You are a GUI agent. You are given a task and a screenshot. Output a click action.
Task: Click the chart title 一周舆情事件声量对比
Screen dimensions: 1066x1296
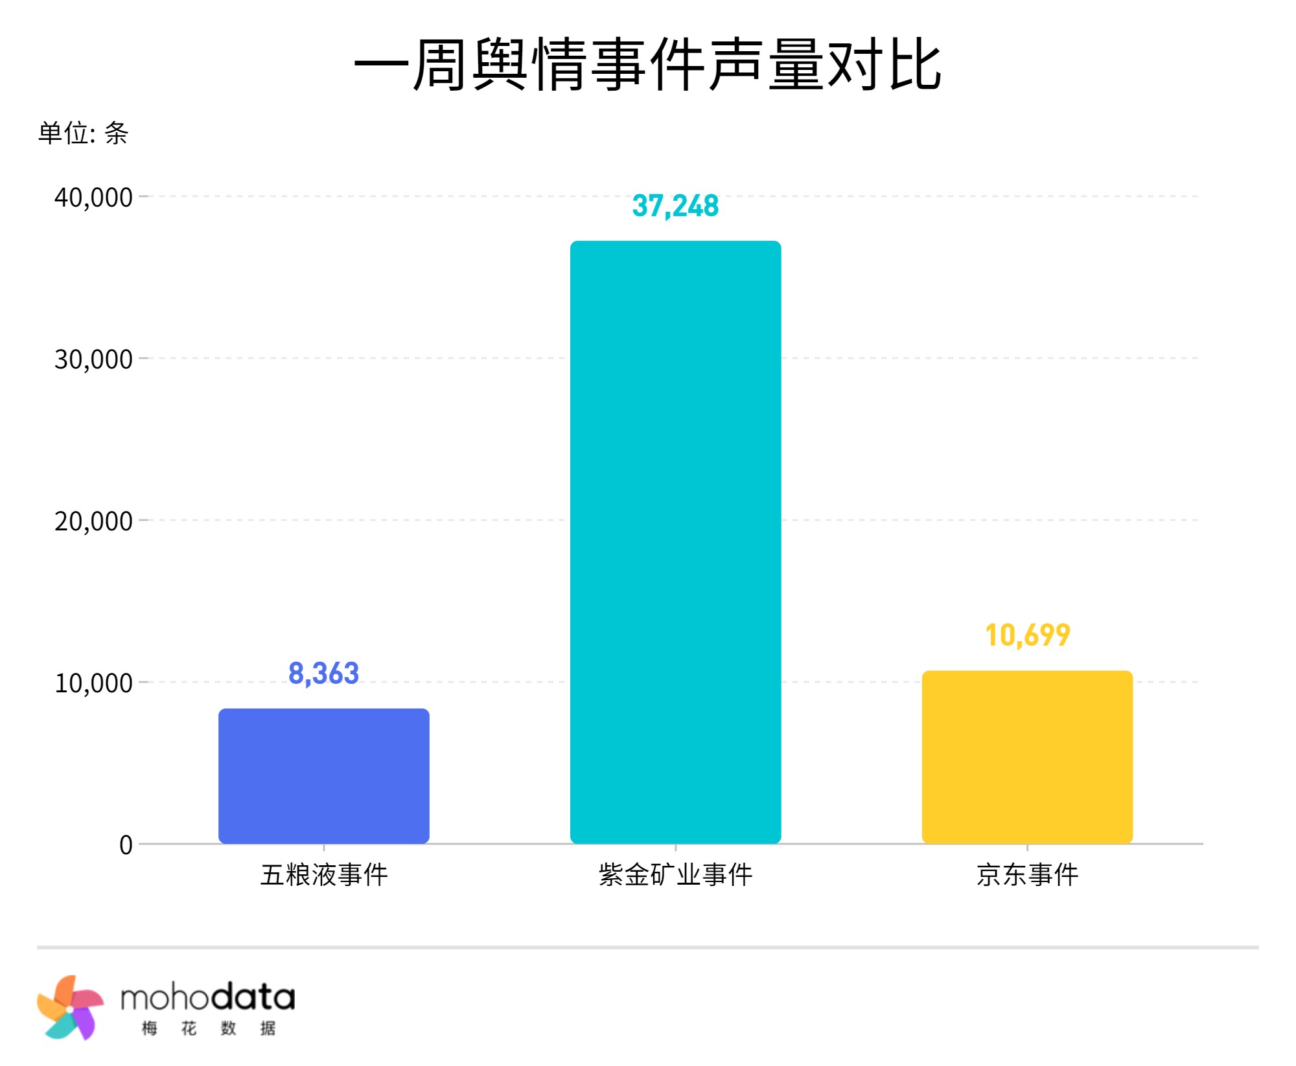click(x=648, y=65)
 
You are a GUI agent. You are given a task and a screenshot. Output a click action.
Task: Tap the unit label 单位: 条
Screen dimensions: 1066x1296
click(x=83, y=133)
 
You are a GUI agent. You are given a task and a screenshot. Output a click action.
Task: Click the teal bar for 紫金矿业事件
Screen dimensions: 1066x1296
click(x=675, y=542)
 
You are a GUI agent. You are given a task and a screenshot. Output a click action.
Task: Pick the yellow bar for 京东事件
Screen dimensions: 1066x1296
click(x=1027, y=757)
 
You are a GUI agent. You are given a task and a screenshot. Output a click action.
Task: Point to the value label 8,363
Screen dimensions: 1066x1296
click(x=324, y=674)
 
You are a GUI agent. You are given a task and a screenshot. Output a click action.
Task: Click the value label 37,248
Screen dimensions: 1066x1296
click(x=675, y=206)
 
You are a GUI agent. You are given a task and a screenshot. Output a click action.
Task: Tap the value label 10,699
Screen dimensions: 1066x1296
click(x=1027, y=635)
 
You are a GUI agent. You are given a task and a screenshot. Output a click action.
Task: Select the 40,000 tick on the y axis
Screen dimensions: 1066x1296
click(x=93, y=198)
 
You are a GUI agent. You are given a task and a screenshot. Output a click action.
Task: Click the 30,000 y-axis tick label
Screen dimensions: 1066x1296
click(x=93, y=359)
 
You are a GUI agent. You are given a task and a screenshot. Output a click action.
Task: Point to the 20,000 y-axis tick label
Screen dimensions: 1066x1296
click(x=93, y=521)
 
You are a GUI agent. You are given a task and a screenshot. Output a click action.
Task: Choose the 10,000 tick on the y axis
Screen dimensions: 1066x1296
click(x=93, y=683)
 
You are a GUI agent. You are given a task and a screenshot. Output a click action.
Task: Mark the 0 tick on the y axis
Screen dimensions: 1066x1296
click(x=126, y=845)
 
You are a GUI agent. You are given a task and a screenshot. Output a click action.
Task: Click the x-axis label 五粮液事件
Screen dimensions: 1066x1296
click(x=324, y=875)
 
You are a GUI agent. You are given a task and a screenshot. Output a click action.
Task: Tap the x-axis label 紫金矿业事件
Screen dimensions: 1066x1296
click(x=675, y=875)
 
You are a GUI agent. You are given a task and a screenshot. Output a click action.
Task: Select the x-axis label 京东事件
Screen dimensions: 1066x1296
click(x=1027, y=875)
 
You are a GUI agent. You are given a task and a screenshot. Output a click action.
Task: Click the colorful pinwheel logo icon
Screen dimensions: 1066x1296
click(x=70, y=1007)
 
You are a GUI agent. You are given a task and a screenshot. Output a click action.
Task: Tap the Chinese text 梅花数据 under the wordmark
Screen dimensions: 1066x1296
click(x=209, y=1028)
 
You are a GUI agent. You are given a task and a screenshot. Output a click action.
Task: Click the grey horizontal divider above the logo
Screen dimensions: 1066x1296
click(x=648, y=947)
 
